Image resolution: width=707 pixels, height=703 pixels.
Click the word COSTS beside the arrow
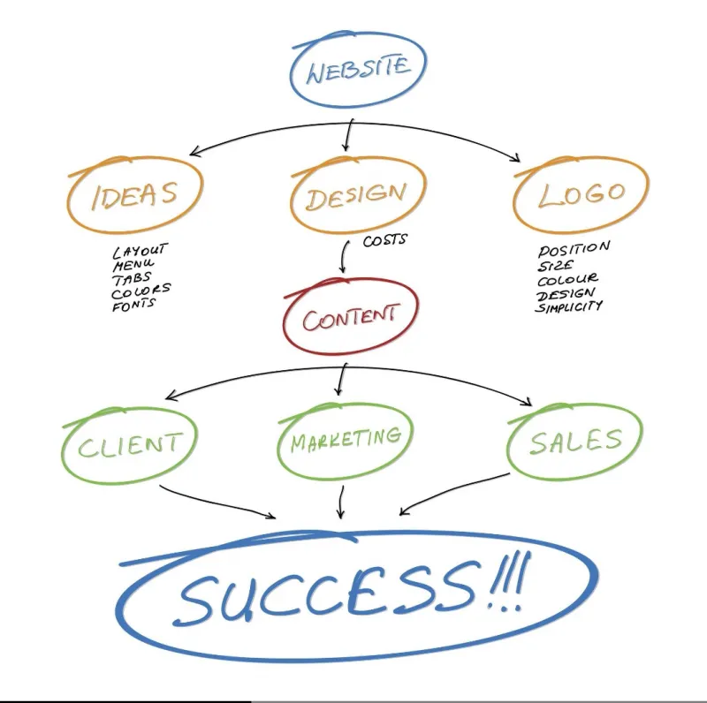coord(384,239)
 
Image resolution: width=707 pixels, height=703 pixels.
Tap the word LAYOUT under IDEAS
coord(141,251)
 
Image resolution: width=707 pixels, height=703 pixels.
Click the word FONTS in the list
coord(133,305)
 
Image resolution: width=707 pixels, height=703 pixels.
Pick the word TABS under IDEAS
coord(132,278)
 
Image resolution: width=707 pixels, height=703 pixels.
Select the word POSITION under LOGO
coord(574,249)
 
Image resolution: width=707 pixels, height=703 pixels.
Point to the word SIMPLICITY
coord(568,306)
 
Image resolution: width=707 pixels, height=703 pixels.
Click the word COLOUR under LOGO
coord(567,280)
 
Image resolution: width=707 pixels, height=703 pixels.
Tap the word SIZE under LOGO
coord(555,265)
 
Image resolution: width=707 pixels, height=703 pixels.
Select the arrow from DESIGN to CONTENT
coord(343,256)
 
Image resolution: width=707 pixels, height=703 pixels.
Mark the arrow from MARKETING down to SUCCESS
coord(341,502)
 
